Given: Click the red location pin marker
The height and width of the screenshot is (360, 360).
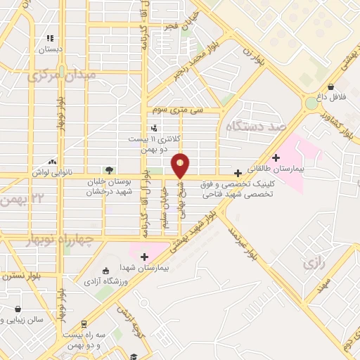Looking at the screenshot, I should (x=181, y=164).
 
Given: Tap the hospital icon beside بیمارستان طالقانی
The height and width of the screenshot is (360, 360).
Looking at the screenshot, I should (x=276, y=157).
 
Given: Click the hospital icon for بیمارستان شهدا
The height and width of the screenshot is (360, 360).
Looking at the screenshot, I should (x=145, y=257).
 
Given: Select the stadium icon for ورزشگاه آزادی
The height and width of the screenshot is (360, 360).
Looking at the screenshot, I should (x=105, y=271).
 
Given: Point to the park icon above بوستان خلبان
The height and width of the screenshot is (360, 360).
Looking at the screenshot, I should (x=108, y=169).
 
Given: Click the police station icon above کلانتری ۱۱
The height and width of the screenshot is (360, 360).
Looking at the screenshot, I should (x=154, y=128).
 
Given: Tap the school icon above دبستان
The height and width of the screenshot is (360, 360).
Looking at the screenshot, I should (x=49, y=39).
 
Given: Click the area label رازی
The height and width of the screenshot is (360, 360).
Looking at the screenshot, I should (x=313, y=264).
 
